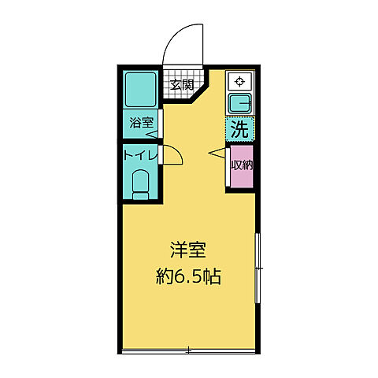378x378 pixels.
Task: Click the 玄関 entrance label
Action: (182, 85)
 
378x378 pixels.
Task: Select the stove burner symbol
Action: (239, 80)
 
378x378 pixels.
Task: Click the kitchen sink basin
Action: (239, 102)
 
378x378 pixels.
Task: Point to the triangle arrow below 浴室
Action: (152, 134)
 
